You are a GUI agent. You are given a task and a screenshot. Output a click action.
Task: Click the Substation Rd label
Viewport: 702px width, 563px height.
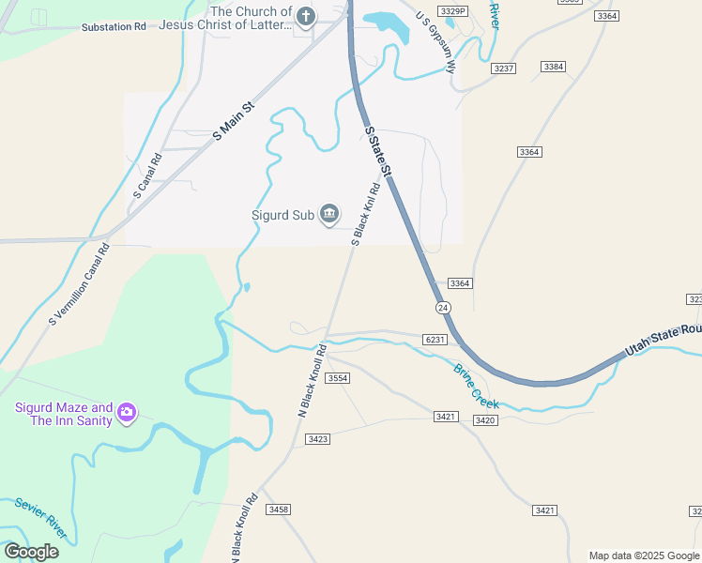(x=114, y=26)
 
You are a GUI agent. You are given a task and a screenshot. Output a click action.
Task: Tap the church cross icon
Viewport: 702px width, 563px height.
(x=307, y=16)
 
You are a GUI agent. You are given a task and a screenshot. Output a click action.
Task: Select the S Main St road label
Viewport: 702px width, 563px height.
(x=235, y=122)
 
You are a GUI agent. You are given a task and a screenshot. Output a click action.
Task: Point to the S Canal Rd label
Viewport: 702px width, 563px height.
(x=148, y=177)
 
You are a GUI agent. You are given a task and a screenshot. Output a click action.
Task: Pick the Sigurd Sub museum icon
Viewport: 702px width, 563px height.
(x=329, y=215)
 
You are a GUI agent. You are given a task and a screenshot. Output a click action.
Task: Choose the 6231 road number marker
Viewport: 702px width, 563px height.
(x=434, y=340)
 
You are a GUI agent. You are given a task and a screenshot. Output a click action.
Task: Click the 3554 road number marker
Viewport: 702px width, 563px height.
(x=338, y=377)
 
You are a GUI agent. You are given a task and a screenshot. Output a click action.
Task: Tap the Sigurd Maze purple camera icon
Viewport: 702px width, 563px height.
(x=127, y=413)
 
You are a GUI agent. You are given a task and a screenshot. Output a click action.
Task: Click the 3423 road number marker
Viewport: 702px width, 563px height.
(x=317, y=438)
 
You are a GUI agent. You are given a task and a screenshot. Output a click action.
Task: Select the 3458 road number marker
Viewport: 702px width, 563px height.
(x=278, y=509)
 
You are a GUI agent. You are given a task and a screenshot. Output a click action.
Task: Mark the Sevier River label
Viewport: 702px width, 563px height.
(x=41, y=518)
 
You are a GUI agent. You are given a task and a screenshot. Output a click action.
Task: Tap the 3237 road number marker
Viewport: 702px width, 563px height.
(x=504, y=68)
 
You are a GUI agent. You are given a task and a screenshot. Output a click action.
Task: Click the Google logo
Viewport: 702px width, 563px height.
(x=31, y=551)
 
